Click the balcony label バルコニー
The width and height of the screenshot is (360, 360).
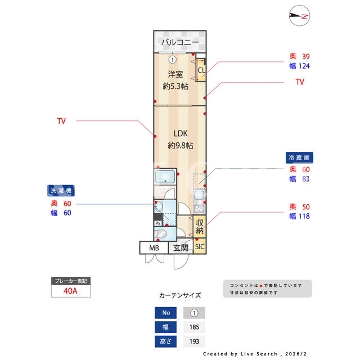(x=180, y=42)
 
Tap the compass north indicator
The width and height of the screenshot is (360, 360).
(x=299, y=16)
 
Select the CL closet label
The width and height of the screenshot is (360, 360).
(x=201, y=70)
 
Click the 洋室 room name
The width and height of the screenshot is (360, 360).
(x=175, y=74)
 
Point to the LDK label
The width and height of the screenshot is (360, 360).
(x=181, y=133)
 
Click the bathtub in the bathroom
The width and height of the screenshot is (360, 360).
(x=165, y=177)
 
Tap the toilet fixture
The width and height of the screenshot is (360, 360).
(x=161, y=234)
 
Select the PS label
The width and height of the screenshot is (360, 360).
(x=158, y=223)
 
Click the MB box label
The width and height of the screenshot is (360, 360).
(x=154, y=248)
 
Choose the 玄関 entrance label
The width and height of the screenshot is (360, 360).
(x=181, y=248)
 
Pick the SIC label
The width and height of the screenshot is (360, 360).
(x=200, y=246)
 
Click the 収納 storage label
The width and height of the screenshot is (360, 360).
(x=200, y=226)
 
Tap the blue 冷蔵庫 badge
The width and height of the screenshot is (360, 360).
(x=299, y=157)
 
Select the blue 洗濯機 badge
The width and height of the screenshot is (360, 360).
(x=61, y=191)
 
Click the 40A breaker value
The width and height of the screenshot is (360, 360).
(x=70, y=291)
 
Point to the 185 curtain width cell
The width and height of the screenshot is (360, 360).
(x=194, y=327)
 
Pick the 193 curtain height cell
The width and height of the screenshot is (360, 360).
(x=194, y=341)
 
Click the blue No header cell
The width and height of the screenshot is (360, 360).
(x=165, y=313)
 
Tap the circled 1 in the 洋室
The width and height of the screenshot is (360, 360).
(x=173, y=60)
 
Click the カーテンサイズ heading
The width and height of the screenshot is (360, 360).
(x=180, y=295)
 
